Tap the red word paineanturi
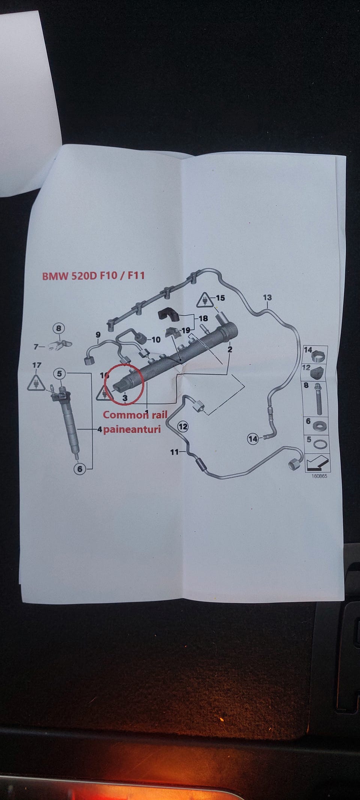point(132,429)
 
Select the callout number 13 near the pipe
point(267,298)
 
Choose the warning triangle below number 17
point(36,383)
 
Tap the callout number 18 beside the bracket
point(203,318)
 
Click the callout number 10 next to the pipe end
point(156,340)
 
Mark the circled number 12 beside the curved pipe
point(183,427)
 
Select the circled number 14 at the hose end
point(253,438)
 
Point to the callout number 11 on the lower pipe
point(174,452)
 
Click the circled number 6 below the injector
point(79,469)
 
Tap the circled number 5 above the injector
point(59,373)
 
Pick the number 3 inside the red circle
point(125,398)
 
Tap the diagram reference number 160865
point(319,476)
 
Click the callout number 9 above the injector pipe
point(98,335)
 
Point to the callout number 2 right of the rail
point(230,349)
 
